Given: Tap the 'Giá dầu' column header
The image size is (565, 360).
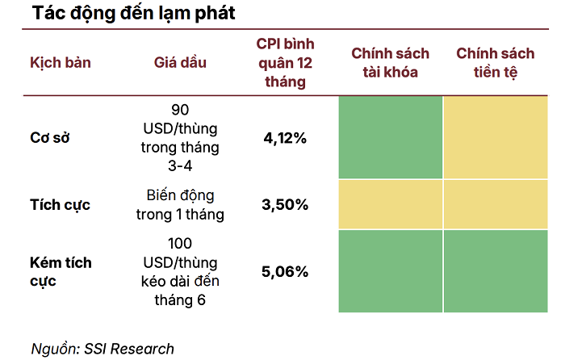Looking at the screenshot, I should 180,63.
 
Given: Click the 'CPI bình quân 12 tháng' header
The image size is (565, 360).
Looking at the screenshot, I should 285,63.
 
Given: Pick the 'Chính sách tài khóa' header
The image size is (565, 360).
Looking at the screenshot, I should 390,63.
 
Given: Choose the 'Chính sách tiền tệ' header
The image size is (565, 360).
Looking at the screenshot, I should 495,63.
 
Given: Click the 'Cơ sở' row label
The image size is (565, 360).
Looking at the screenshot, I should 50,137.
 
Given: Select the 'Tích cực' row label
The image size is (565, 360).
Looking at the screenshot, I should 60,204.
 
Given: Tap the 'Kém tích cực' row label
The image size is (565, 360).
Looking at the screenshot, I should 61,271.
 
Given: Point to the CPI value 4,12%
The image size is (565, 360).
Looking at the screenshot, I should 285,138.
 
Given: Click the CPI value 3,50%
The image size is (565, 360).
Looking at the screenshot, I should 285,204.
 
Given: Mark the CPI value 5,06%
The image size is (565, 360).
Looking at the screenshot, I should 285,271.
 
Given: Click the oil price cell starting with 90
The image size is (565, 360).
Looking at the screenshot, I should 180,137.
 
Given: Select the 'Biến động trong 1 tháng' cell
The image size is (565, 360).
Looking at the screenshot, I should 180,204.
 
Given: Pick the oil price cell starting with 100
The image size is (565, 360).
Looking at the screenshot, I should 180,271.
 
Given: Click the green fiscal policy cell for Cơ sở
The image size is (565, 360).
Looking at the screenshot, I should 391,137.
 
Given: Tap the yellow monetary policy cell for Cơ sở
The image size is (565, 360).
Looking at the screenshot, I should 495,137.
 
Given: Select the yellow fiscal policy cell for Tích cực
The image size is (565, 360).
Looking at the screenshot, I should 391,204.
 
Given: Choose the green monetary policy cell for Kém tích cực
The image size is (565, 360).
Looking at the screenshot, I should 495,271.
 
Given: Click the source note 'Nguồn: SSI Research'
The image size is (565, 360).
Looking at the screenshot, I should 103,349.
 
